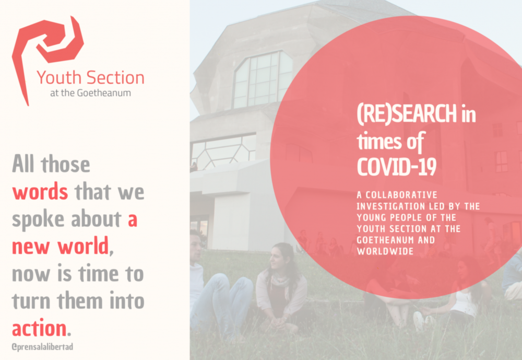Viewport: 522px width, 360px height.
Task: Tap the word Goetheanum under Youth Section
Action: [x=103, y=92]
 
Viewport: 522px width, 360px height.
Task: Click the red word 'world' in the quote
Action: [x=83, y=246]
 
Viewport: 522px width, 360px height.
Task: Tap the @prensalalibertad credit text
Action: [x=42, y=347]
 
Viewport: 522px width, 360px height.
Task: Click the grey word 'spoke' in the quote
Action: [x=38, y=220]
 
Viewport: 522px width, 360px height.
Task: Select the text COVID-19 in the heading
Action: [x=397, y=167]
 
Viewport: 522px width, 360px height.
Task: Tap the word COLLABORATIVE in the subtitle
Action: [x=401, y=195]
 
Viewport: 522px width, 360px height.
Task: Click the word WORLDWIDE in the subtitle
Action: [x=385, y=251]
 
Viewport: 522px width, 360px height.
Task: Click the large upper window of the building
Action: [x=263, y=79]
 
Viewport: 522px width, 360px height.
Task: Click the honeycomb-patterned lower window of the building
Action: [x=223, y=152]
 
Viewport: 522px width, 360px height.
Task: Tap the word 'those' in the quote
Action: [x=65, y=165]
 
